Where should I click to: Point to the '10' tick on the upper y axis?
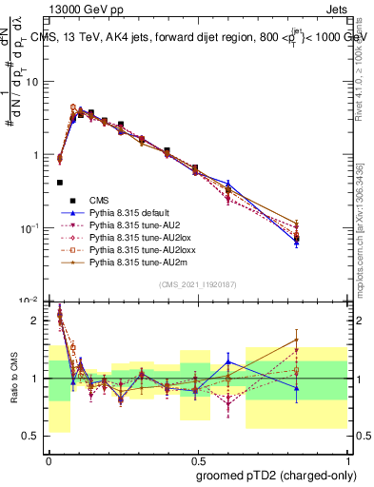[x=33, y=81]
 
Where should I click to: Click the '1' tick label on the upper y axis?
[x=36, y=155]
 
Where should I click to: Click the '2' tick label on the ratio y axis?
[x=36, y=321]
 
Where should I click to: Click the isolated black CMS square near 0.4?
[x=60, y=183]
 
